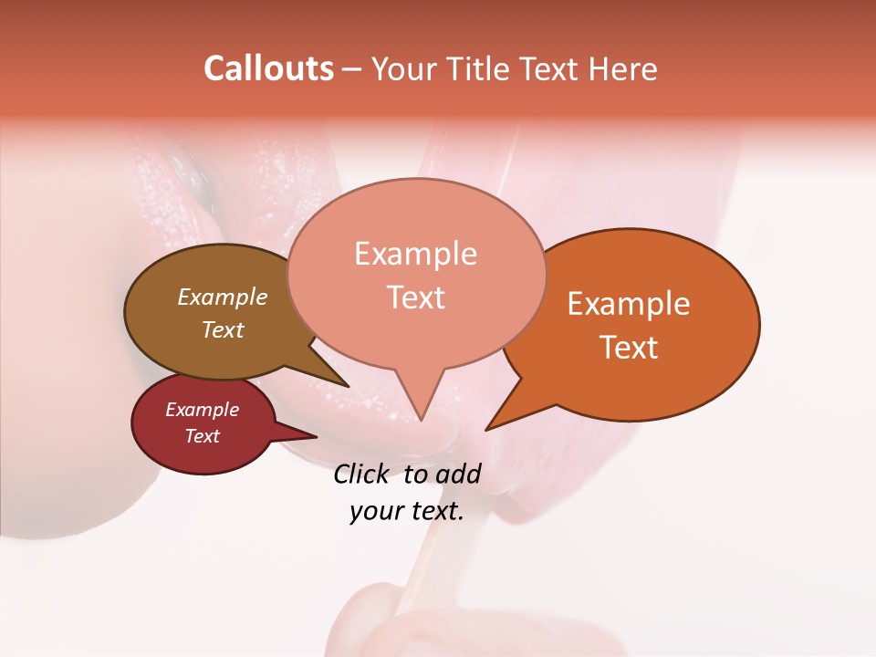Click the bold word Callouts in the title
pos(268,68)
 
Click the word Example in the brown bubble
pos(223,297)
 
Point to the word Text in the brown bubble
pos(223,329)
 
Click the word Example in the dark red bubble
pos(202,410)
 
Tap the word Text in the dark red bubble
pos(202,436)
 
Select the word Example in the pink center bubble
pos(415,254)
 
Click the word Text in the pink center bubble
pos(415,297)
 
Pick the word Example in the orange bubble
pos(629,304)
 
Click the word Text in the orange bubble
pos(629,348)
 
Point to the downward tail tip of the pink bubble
pos(420,417)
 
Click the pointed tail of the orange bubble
pos(489,426)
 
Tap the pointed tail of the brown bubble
pos(345,384)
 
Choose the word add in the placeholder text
pos(458,474)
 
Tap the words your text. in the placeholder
pos(407,511)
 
